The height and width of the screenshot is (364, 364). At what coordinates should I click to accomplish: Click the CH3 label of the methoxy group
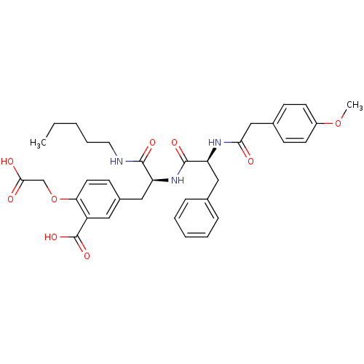pyautogui.click(x=355, y=106)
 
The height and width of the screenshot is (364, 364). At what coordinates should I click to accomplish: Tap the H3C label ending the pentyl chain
pyautogui.click(x=38, y=143)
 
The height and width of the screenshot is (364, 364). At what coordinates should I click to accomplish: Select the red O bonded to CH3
pyautogui.click(x=338, y=124)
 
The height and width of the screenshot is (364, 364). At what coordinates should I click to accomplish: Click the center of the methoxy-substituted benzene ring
pyautogui.click(x=295, y=124)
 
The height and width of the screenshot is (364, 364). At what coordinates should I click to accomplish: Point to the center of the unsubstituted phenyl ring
pyautogui.click(x=197, y=218)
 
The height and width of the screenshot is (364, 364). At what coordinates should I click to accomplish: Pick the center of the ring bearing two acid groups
pyautogui.click(x=98, y=199)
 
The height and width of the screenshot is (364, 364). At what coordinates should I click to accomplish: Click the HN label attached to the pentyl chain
pyautogui.click(x=116, y=161)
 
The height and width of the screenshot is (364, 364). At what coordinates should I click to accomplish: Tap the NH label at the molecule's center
pyautogui.click(x=178, y=181)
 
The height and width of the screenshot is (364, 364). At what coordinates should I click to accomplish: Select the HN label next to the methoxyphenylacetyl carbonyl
pyautogui.click(x=215, y=143)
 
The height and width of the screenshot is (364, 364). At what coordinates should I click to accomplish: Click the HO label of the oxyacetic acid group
pyautogui.click(x=7, y=162)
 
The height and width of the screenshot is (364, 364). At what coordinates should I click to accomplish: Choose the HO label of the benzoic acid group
pyautogui.click(x=51, y=237)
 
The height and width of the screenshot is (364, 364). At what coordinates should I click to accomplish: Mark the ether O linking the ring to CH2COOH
pyautogui.click(x=54, y=199)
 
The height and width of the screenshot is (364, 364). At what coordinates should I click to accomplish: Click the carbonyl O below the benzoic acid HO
pyautogui.click(x=87, y=256)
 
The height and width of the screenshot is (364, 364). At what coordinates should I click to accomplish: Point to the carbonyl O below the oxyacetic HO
pyautogui.click(x=10, y=199)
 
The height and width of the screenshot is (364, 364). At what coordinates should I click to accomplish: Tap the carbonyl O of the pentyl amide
pyautogui.click(x=152, y=143)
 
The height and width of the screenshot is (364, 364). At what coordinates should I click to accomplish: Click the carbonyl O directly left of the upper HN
pyautogui.click(x=174, y=143)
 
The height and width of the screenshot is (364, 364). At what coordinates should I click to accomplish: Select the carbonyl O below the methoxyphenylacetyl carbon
pyautogui.click(x=251, y=161)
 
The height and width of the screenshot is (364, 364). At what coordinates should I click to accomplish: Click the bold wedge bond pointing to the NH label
pyautogui.click(x=160, y=181)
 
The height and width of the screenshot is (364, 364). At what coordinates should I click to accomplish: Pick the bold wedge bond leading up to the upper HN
pyautogui.click(x=211, y=154)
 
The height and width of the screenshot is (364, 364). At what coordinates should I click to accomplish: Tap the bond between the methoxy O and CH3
pyautogui.click(x=344, y=114)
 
